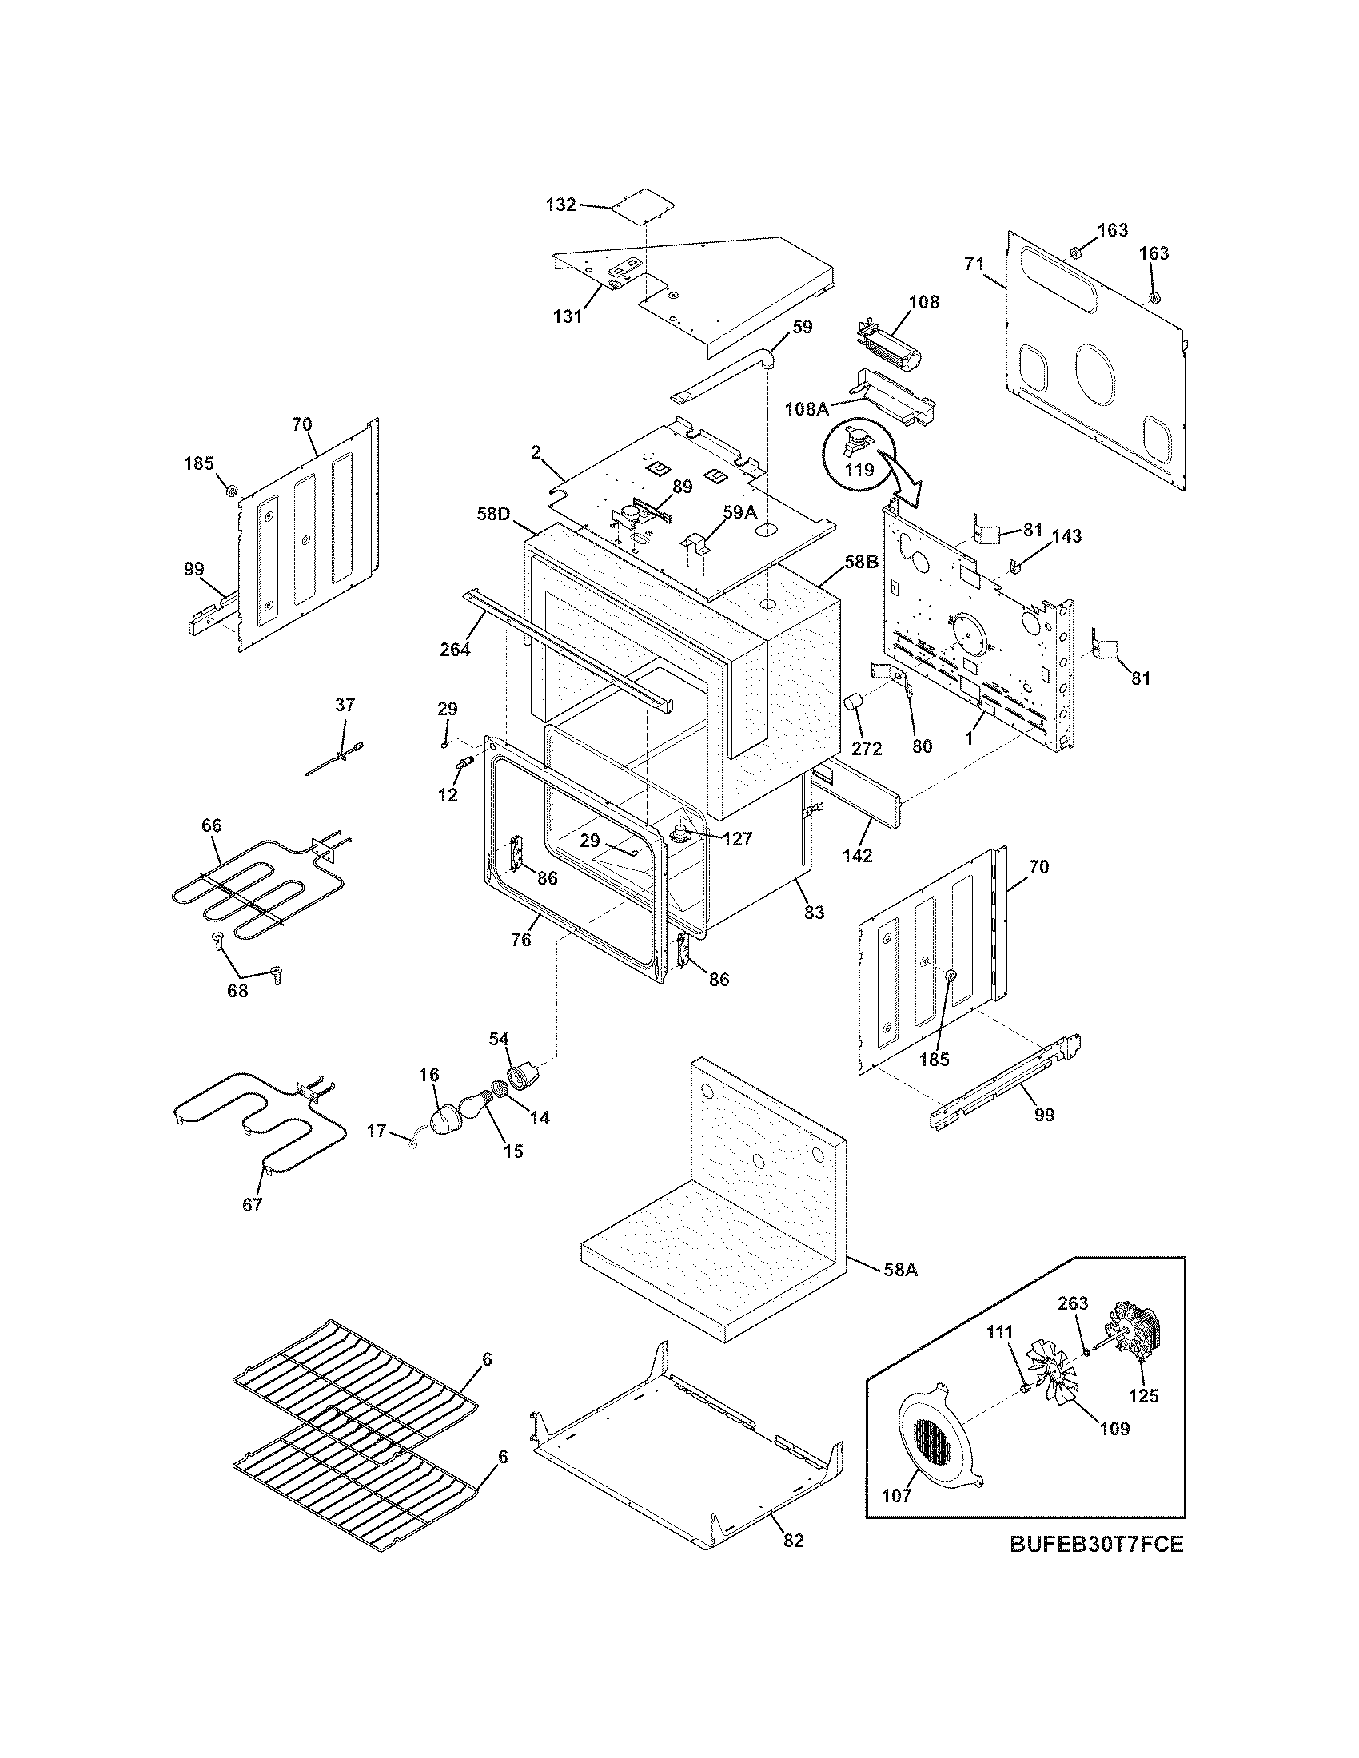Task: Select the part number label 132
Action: click(560, 205)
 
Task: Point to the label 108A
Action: click(807, 408)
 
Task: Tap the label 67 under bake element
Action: click(252, 1227)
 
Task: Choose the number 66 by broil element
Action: click(212, 825)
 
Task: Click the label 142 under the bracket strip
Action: click(859, 856)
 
